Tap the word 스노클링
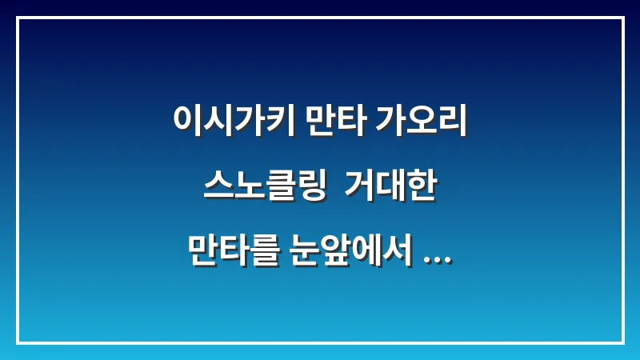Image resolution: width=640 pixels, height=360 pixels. (x=265, y=189)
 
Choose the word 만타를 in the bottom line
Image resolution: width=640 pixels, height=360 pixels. (x=233, y=251)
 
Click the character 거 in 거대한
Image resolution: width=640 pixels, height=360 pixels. (x=361, y=189)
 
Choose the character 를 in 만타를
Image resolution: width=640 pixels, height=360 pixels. (x=263, y=251)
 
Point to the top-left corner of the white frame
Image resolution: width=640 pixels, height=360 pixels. (x=18, y=18)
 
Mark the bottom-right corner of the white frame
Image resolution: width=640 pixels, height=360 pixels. (x=622, y=342)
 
